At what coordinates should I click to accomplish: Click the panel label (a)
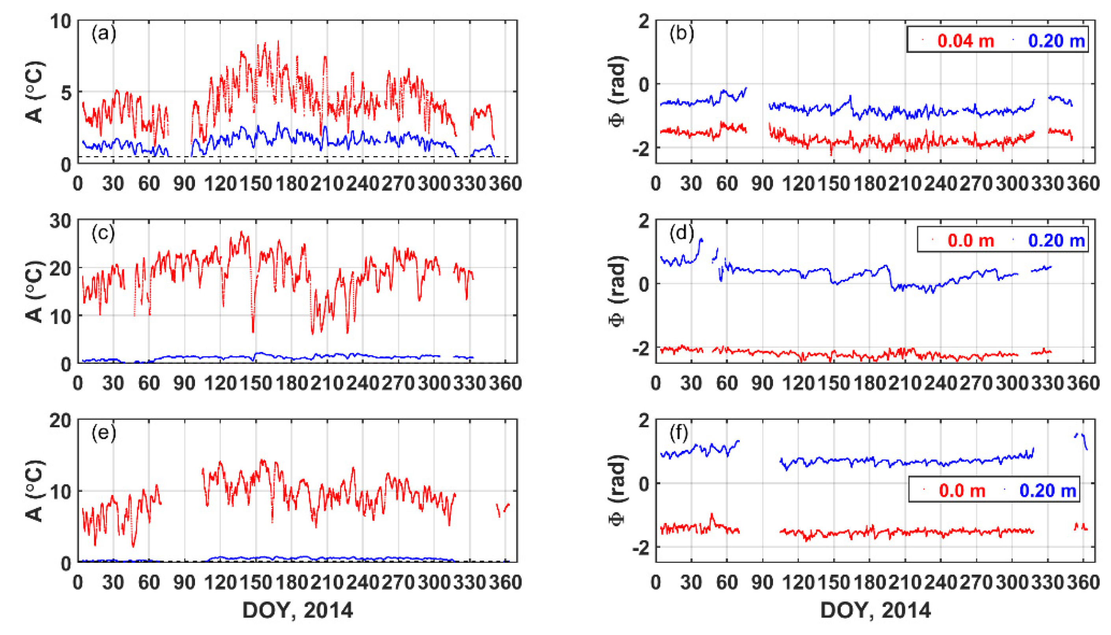pyautogui.click(x=103, y=34)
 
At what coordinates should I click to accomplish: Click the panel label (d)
pyautogui.click(x=681, y=233)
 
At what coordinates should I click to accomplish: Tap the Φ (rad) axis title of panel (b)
pyautogui.click(x=617, y=91)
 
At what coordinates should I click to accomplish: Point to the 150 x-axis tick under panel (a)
pyautogui.click(x=256, y=184)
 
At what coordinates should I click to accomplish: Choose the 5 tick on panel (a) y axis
pyautogui.click(x=65, y=92)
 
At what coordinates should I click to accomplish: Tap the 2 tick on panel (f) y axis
pyautogui.click(x=643, y=421)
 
